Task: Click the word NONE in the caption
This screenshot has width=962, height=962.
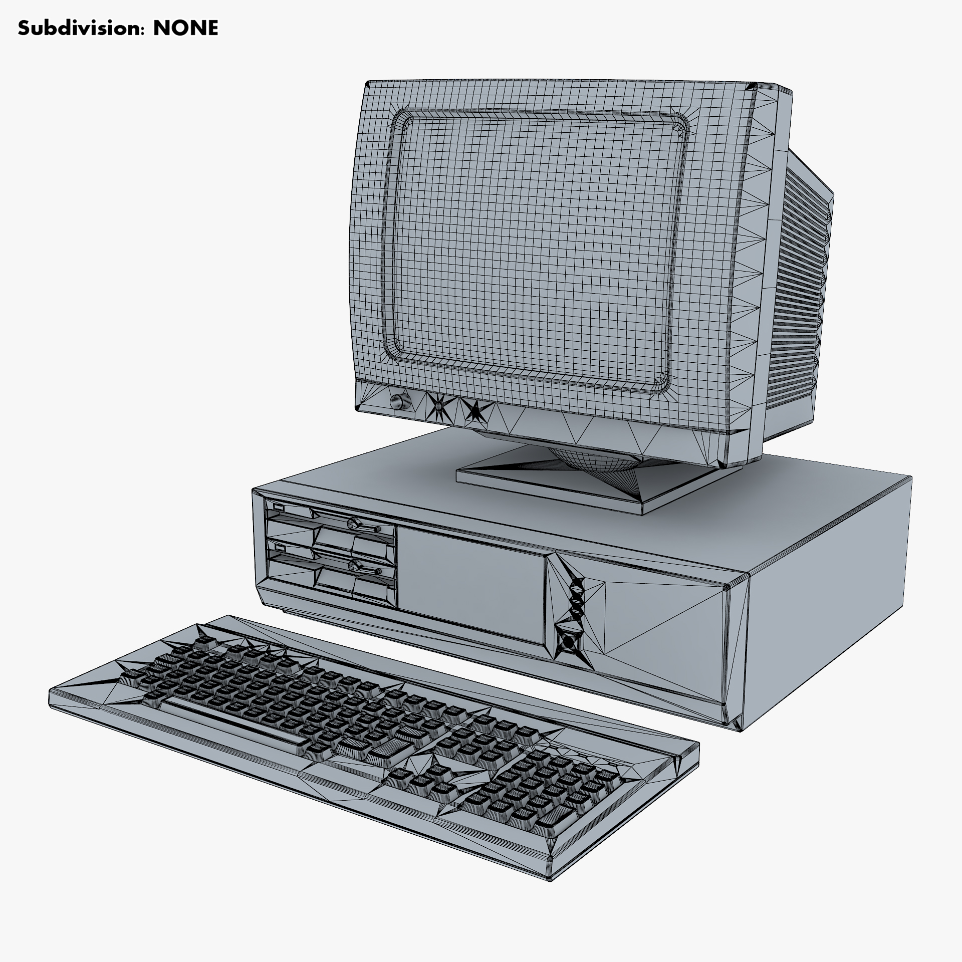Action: coord(185,29)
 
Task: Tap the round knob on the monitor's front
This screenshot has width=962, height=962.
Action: coord(399,400)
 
